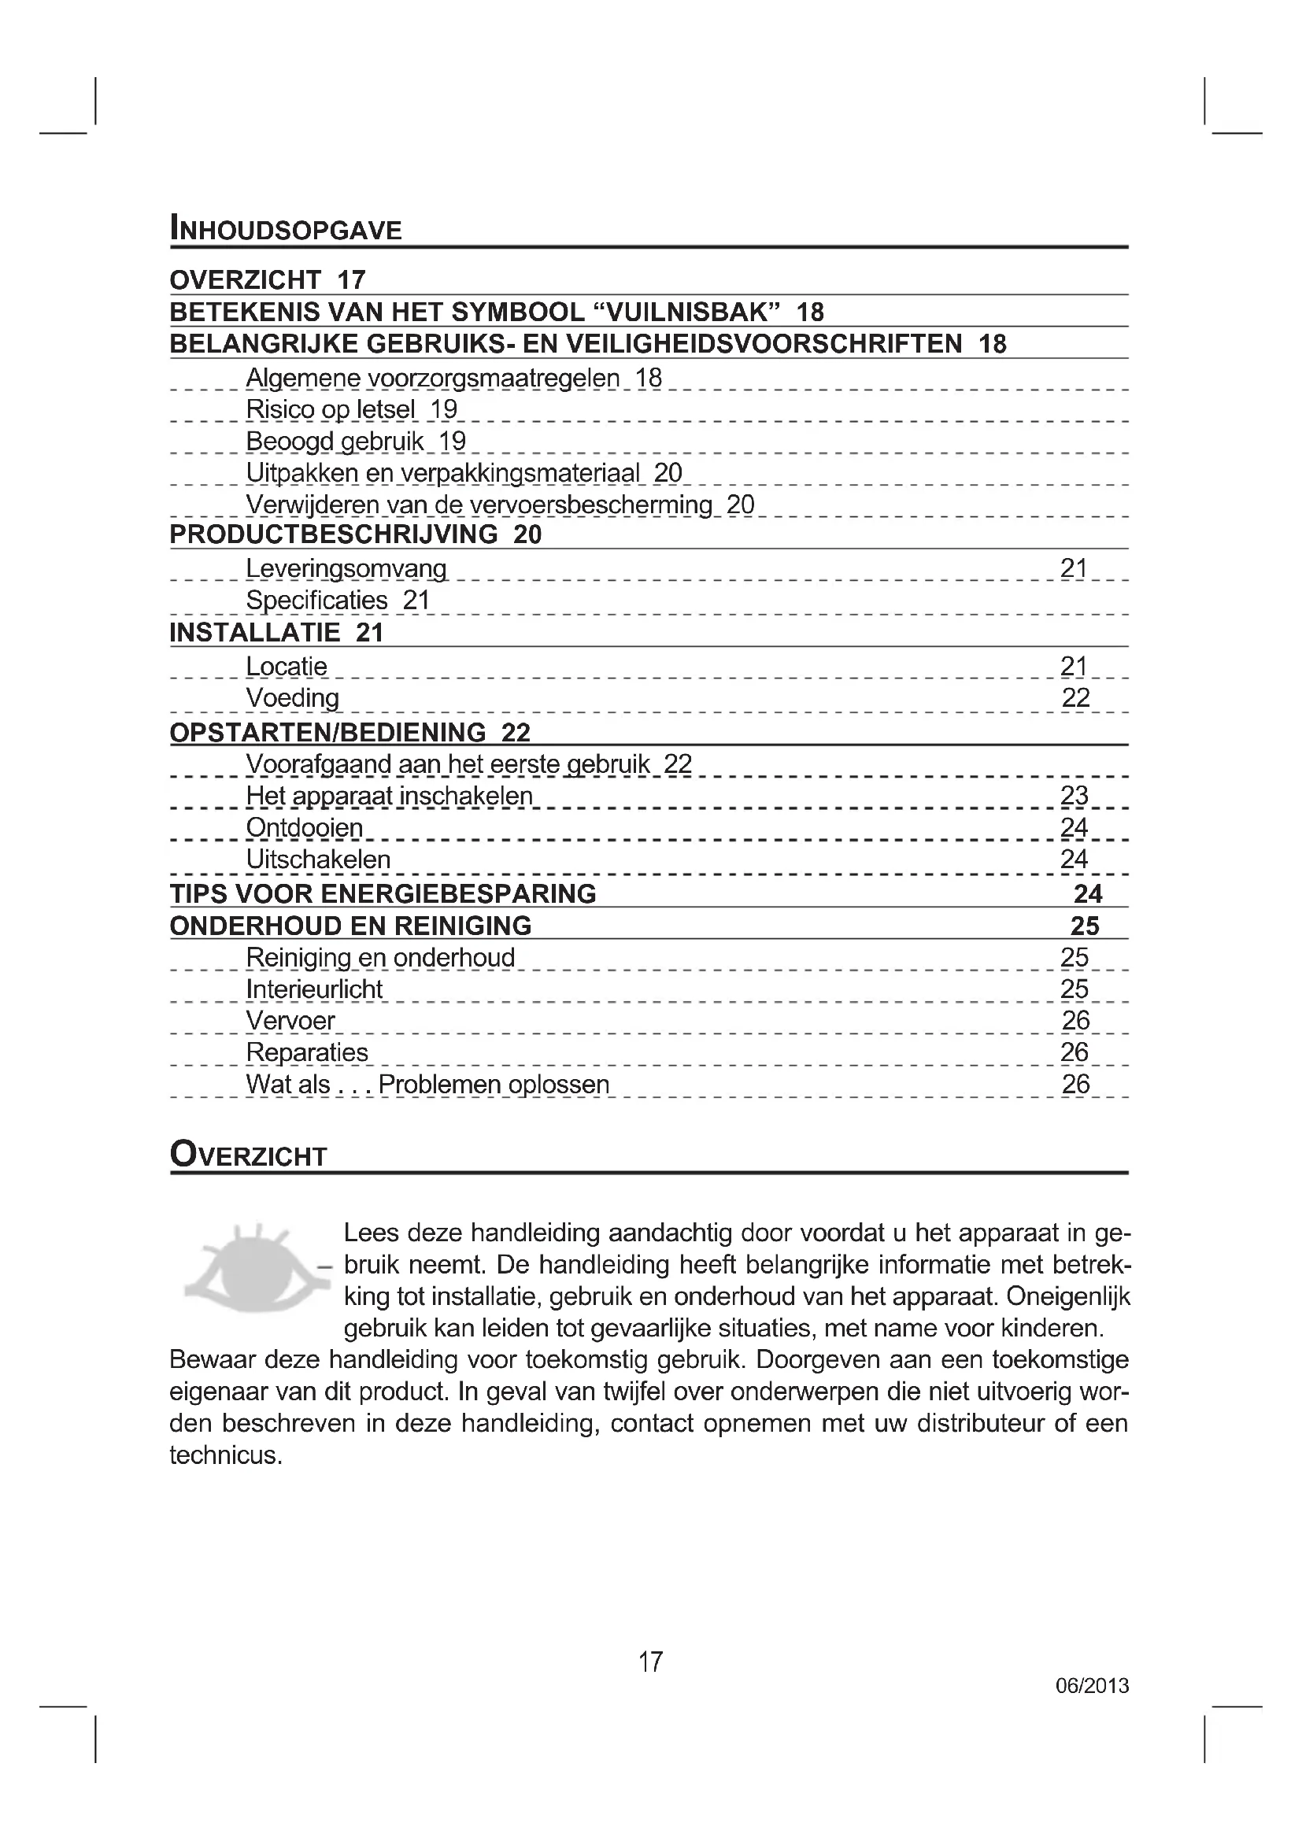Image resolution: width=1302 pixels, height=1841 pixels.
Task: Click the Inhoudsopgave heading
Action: (x=286, y=229)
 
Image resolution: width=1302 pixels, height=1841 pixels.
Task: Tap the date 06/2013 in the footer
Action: (x=1092, y=1685)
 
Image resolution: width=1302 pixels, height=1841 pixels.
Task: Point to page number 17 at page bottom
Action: (x=650, y=1662)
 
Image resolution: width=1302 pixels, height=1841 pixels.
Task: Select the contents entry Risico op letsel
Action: (x=331, y=410)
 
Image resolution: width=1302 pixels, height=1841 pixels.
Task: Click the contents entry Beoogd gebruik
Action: (x=335, y=441)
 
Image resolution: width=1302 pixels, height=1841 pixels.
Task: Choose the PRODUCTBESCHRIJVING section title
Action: (x=334, y=534)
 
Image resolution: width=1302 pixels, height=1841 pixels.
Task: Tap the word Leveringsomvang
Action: (x=346, y=568)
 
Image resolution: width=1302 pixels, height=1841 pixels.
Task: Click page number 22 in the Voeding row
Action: (x=1075, y=698)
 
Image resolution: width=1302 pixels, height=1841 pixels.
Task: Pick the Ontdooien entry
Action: (x=305, y=827)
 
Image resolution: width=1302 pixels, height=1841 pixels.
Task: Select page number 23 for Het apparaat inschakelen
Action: (x=1075, y=796)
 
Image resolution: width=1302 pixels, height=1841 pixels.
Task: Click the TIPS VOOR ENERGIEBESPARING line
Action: (x=383, y=894)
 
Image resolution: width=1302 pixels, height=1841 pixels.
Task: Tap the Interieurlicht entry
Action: (x=314, y=989)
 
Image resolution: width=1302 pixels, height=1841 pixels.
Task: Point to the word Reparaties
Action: (x=307, y=1053)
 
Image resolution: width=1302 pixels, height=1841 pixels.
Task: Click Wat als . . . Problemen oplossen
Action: (x=427, y=1085)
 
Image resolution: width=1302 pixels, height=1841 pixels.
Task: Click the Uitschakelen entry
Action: (x=318, y=860)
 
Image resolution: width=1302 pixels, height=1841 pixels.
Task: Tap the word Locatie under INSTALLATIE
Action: (x=287, y=667)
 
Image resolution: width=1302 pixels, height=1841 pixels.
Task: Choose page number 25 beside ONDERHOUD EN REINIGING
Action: (x=1085, y=926)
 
